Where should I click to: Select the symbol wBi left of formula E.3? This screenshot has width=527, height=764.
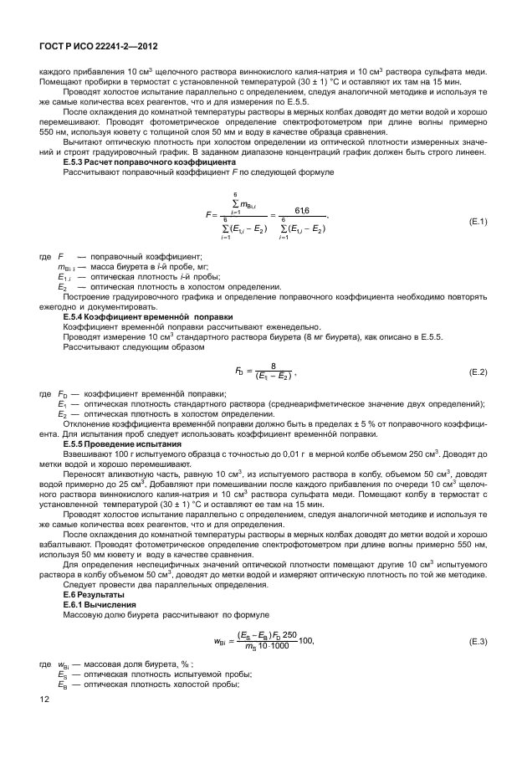point(222,642)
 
